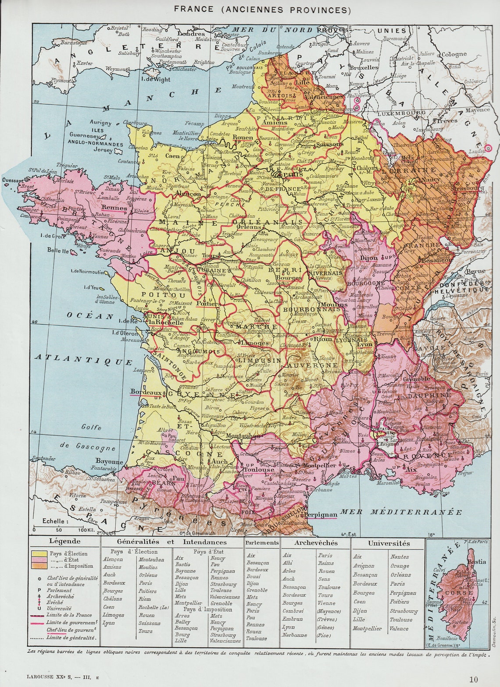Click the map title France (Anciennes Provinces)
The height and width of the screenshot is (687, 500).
click(x=262, y=9)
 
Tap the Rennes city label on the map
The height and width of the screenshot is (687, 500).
click(x=114, y=208)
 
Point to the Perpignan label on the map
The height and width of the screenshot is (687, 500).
click(x=321, y=514)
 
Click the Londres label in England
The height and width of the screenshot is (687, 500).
click(x=191, y=34)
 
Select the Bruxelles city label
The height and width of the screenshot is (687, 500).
click(x=364, y=68)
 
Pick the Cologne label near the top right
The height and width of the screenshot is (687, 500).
click(x=454, y=54)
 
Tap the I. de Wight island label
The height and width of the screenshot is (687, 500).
click(x=156, y=79)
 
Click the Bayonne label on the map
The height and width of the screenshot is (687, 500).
click(x=109, y=461)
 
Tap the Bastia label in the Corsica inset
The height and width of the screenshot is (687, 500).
click(x=476, y=562)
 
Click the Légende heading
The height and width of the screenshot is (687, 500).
click(x=65, y=542)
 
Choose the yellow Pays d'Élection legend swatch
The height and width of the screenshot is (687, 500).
click(x=39, y=554)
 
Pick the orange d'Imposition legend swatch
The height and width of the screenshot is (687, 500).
click(x=39, y=566)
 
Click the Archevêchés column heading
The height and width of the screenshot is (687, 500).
click(x=316, y=543)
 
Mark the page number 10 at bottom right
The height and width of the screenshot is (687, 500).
click(x=473, y=679)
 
